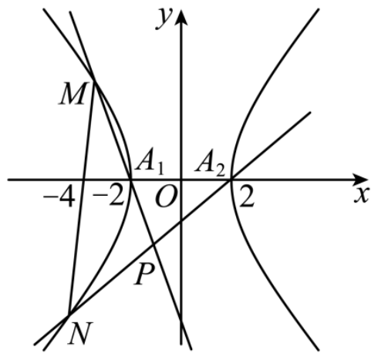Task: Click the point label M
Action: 72,93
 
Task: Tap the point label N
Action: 80,333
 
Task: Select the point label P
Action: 144,274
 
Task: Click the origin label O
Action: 167,197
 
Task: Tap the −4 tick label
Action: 59,197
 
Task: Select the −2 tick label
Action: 108,197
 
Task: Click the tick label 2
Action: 247,197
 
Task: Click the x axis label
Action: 362,195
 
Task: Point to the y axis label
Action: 164,19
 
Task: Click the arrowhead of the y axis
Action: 181,18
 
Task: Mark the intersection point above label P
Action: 154,245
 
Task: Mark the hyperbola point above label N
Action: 69,314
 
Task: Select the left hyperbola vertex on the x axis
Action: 131,180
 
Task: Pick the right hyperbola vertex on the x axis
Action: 231,180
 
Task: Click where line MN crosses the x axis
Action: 83,180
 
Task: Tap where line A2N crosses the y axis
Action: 181,221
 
